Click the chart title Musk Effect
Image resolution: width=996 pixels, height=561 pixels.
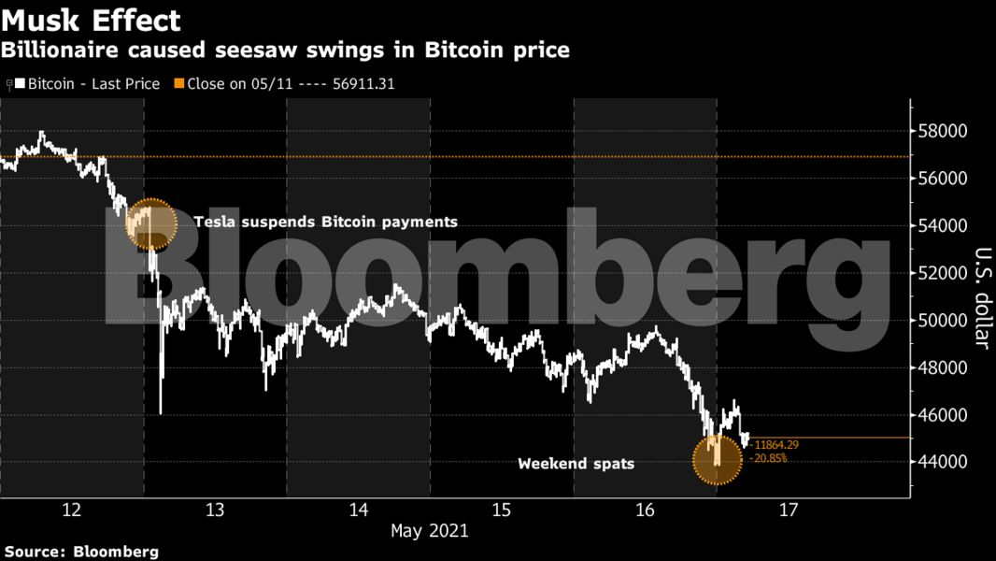(91, 20)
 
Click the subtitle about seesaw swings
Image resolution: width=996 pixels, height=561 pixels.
(285, 50)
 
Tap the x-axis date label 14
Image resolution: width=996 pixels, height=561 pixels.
(359, 510)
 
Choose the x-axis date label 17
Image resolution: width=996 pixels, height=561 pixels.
(789, 510)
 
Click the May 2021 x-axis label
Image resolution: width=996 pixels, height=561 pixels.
(430, 531)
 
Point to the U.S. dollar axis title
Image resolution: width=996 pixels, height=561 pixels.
(981, 297)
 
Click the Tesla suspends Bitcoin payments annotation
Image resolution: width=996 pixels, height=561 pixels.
(326, 223)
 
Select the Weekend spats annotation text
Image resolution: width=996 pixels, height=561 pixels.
(576, 463)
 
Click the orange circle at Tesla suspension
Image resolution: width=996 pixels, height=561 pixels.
(150, 224)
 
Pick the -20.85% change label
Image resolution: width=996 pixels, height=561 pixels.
(767, 458)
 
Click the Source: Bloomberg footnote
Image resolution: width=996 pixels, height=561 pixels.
(81, 552)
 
